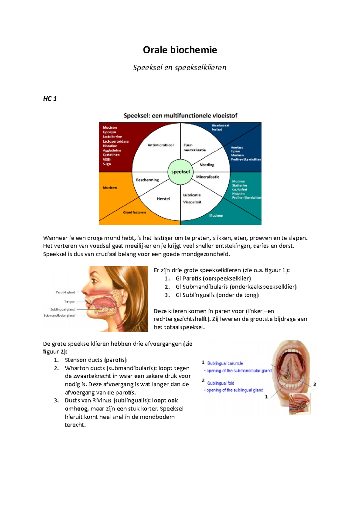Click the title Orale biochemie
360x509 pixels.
(x=180, y=50)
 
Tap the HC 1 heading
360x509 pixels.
(x=50, y=99)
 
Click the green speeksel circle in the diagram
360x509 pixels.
(x=180, y=172)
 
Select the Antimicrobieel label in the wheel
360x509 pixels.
(x=160, y=145)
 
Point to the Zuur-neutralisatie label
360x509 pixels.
(x=194, y=147)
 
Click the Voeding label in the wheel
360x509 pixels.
(x=207, y=165)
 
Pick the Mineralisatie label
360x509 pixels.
(x=208, y=177)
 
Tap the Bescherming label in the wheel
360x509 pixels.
(x=147, y=180)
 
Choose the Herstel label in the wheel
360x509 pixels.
(x=163, y=199)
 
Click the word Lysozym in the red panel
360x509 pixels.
(x=109, y=132)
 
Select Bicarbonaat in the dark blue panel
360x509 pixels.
(x=220, y=126)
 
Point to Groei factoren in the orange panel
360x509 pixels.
(x=134, y=213)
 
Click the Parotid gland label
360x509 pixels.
(x=65, y=292)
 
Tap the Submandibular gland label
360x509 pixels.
(x=59, y=315)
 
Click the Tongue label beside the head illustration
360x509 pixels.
(x=70, y=302)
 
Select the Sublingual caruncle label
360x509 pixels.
(x=225, y=363)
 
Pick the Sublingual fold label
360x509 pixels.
(x=221, y=383)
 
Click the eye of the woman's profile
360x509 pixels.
(x=96, y=281)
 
